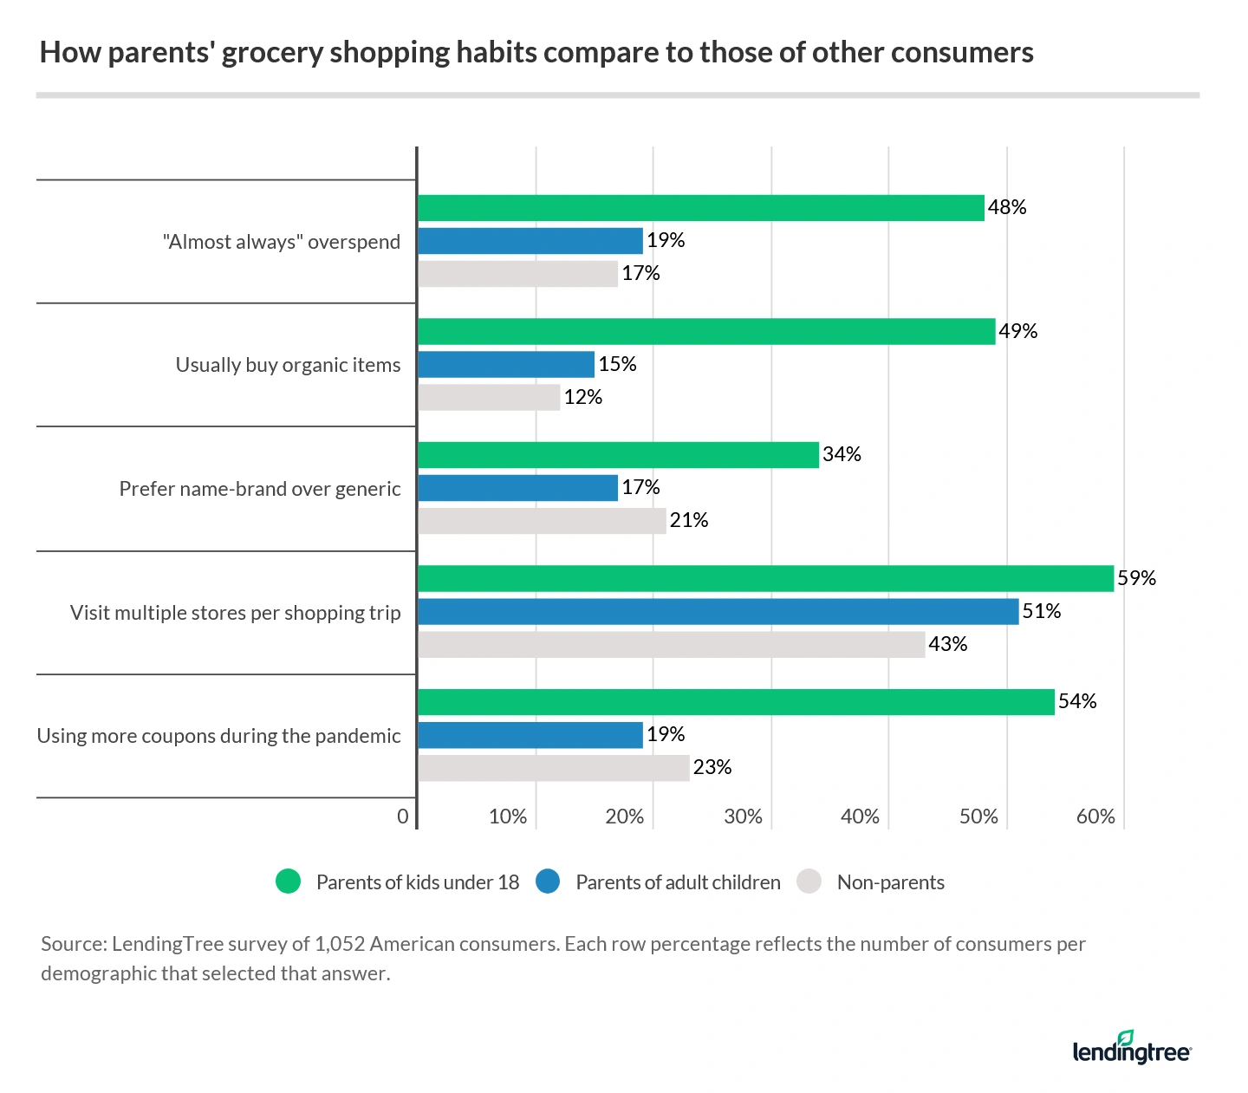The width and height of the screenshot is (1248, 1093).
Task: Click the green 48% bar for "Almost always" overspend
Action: pos(700,208)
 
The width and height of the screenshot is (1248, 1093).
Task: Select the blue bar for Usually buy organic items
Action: pos(506,364)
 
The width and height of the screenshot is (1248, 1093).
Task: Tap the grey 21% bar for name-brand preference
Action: pos(542,521)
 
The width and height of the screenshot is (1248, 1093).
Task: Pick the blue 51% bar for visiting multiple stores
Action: pos(718,611)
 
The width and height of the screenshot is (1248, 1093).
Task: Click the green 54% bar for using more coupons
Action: pos(736,702)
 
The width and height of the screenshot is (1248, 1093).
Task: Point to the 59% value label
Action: pos(1136,578)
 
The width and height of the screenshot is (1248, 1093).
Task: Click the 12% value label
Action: pos(582,397)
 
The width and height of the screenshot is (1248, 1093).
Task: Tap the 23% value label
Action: pos(712,767)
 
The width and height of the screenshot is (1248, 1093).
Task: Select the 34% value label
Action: pos(841,454)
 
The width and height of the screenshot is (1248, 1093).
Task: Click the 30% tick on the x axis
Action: pos(743,816)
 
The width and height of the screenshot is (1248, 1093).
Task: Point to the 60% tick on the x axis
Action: pos(1095,816)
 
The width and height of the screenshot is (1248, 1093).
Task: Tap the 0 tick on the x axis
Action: pos(402,816)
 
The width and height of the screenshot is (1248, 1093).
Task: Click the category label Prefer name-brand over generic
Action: pos(260,489)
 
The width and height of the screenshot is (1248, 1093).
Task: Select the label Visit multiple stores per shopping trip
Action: pos(235,613)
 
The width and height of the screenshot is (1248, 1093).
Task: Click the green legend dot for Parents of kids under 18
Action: pos(288,882)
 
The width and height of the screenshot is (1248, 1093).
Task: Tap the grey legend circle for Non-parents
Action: pos(809,882)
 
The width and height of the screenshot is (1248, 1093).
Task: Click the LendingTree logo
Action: pos(1131,1048)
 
